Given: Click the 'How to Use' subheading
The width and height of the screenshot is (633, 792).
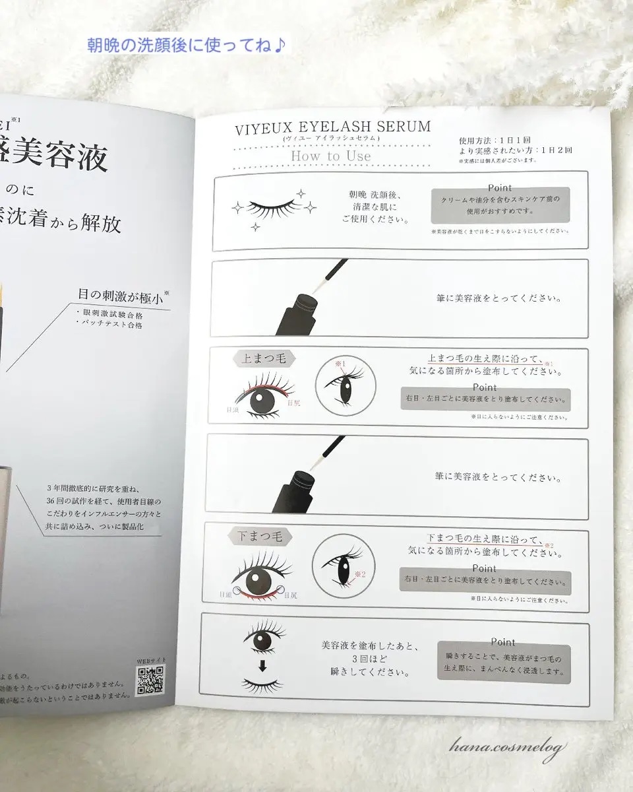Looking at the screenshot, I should pos(331,156).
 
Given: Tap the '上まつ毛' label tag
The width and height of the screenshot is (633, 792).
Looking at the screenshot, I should pos(264,358).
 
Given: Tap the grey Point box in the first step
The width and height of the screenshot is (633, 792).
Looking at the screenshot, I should pos(500,205).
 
